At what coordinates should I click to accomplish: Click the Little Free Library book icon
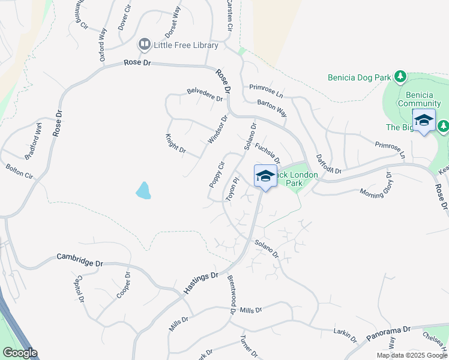tap(144, 44)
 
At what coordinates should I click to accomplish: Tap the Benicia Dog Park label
tap(358, 77)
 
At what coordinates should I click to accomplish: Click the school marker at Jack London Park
tap(265, 176)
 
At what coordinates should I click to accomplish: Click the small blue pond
tap(143, 190)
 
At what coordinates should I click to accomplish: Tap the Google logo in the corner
tap(20, 353)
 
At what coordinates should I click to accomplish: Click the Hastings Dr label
tap(201, 283)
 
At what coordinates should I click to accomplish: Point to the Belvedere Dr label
tap(205, 95)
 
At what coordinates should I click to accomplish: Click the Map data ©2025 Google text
tap(411, 355)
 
